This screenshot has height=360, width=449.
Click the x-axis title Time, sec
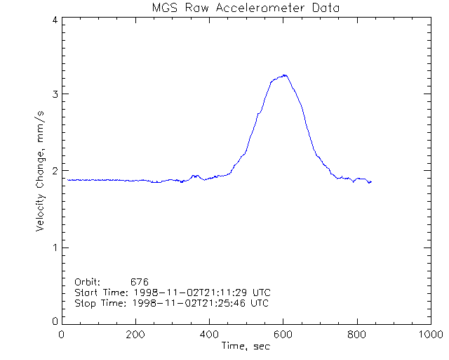(246, 346)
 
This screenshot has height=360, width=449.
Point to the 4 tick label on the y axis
(54, 20)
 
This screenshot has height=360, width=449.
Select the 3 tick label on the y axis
(54, 94)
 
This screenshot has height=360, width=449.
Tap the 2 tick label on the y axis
(54, 170)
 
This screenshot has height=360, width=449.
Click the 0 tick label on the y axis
(54, 321)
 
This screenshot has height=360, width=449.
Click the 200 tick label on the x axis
(136, 335)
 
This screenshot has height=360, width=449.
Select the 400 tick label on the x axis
(210, 335)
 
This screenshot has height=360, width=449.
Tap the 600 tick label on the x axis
(283, 335)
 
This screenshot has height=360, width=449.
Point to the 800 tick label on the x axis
(357, 335)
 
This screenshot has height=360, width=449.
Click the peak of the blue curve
(285, 75)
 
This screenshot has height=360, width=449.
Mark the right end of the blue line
(370, 182)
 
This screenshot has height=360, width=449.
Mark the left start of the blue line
(67, 179)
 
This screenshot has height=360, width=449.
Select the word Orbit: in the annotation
(87, 282)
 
